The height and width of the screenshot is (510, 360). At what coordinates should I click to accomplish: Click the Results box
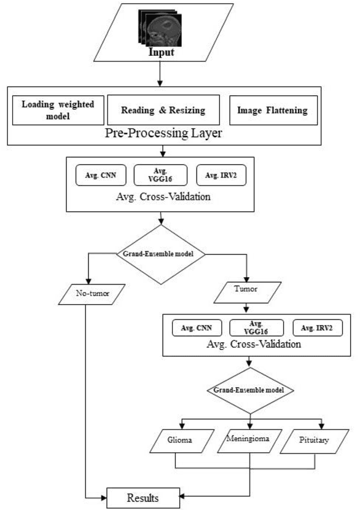[142, 497]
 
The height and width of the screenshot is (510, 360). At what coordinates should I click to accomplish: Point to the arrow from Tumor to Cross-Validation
[248, 307]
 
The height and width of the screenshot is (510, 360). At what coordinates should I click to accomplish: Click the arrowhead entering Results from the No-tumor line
[104, 496]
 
